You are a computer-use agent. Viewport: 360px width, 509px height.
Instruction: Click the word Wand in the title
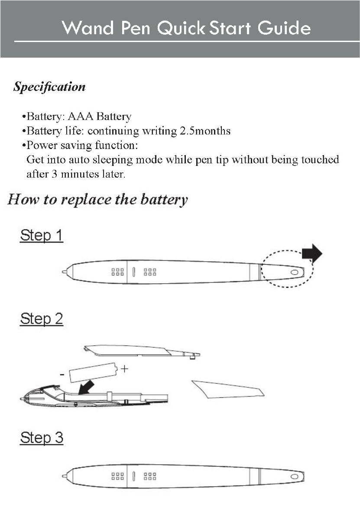(88, 28)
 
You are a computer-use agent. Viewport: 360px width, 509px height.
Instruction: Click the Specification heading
(49, 87)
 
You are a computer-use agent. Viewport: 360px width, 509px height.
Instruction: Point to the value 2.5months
(205, 131)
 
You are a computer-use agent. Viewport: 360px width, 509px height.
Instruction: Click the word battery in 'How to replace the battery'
(164, 200)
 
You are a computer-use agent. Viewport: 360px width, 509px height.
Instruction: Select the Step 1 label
(42, 236)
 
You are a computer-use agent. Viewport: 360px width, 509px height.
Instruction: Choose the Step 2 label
(42, 319)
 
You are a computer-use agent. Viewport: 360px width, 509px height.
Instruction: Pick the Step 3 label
(42, 438)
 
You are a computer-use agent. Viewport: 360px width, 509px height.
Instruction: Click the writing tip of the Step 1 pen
(64, 272)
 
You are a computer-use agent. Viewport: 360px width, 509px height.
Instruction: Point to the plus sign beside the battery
(125, 369)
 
